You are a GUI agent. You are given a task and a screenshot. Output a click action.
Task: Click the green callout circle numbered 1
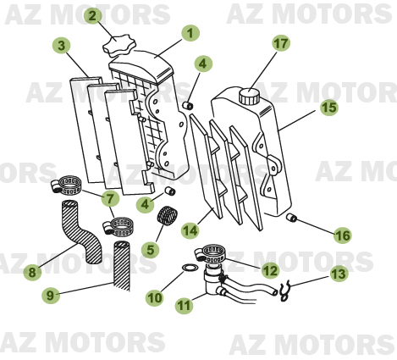(190, 33)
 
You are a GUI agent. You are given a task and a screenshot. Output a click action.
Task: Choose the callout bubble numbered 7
(108, 199)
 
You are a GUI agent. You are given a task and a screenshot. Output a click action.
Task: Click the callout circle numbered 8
(32, 273)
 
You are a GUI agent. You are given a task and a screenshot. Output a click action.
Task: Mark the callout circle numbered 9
(51, 296)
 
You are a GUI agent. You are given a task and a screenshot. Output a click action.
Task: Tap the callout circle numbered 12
(270, 270)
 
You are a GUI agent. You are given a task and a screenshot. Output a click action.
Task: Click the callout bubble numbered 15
(328, 108)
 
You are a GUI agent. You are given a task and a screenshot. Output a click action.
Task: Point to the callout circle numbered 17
(280, 42)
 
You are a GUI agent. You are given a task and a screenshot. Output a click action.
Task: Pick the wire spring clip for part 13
(287, 290)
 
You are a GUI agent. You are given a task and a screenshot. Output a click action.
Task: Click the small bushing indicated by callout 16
(292, 219)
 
